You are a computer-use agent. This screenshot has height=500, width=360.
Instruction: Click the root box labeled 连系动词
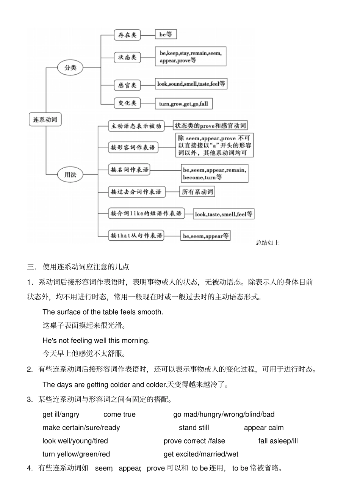coord(45,119)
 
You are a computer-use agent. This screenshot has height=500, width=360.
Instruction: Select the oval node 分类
coord(70,68)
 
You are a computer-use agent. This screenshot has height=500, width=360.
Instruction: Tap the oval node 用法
coord(70,175)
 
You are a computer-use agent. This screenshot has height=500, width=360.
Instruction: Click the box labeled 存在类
coord(127,35)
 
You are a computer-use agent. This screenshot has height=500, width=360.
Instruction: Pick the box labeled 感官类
coord(127,85)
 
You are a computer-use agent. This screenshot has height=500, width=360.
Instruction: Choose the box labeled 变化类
coord(127,103)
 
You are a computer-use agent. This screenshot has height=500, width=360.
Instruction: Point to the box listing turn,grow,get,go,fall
coord(183,104)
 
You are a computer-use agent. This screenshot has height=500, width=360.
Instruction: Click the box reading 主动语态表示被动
coord(136,126)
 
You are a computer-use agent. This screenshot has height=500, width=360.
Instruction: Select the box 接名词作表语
coord(129,169)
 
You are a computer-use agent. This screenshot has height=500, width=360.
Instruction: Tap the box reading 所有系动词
coord(197,192)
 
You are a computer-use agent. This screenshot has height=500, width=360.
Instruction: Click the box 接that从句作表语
coord(136,235)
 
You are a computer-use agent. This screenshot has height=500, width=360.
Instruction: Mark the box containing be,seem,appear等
coord(205,236)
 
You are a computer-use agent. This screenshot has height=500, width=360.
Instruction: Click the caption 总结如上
coord(268,243)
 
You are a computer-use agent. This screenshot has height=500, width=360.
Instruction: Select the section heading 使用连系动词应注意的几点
coord(86,267)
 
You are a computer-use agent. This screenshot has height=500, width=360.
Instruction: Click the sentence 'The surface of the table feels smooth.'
coord(103,312)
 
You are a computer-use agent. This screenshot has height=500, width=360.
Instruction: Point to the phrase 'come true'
coord(119,414)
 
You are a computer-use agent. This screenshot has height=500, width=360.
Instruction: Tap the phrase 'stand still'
coord(194,428)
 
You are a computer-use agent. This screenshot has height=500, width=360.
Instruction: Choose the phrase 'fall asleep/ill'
coord(278,441)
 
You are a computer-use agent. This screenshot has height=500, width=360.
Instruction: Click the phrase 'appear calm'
coord(263,428)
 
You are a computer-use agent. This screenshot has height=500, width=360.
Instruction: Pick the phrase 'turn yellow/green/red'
coord(76,454)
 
